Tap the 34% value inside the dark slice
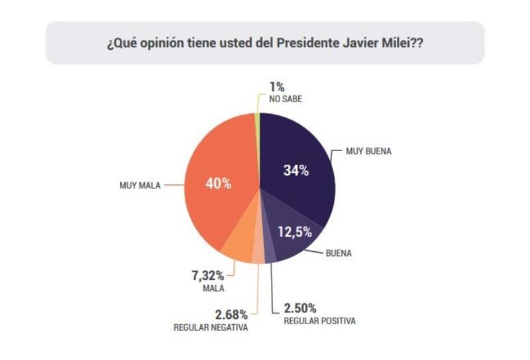(x=295, y=170)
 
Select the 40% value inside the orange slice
(x=218, y=184)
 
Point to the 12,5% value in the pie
(x=293, y=231)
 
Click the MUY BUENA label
(x=368, y=151)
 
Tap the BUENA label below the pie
(x=338, y=253)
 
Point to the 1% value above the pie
(x=277, y=87)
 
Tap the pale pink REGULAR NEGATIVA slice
(x=258, y=255)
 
